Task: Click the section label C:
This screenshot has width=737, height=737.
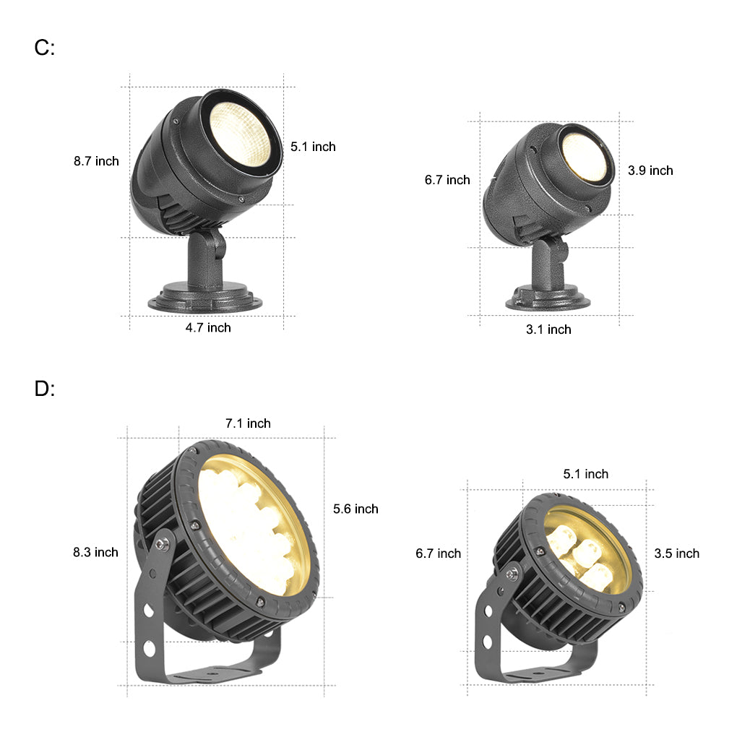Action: (x=45, y=48)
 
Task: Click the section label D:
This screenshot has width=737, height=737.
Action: (x=45, y=389)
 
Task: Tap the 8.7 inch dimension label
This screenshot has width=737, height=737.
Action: (x=96, y=161)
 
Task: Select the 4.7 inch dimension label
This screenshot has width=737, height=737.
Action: (x=208, y=327)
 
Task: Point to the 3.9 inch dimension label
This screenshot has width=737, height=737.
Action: (x=650, y=171)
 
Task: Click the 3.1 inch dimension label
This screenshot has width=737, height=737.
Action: (x=548, y=329)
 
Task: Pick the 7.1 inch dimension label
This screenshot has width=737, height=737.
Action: (x=248, y=423)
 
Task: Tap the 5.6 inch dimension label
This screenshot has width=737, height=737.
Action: (x=355, y=509)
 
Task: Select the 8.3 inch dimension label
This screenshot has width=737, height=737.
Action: (x=95, y=552)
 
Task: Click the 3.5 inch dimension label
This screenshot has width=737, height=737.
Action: (x=677, y=553)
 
